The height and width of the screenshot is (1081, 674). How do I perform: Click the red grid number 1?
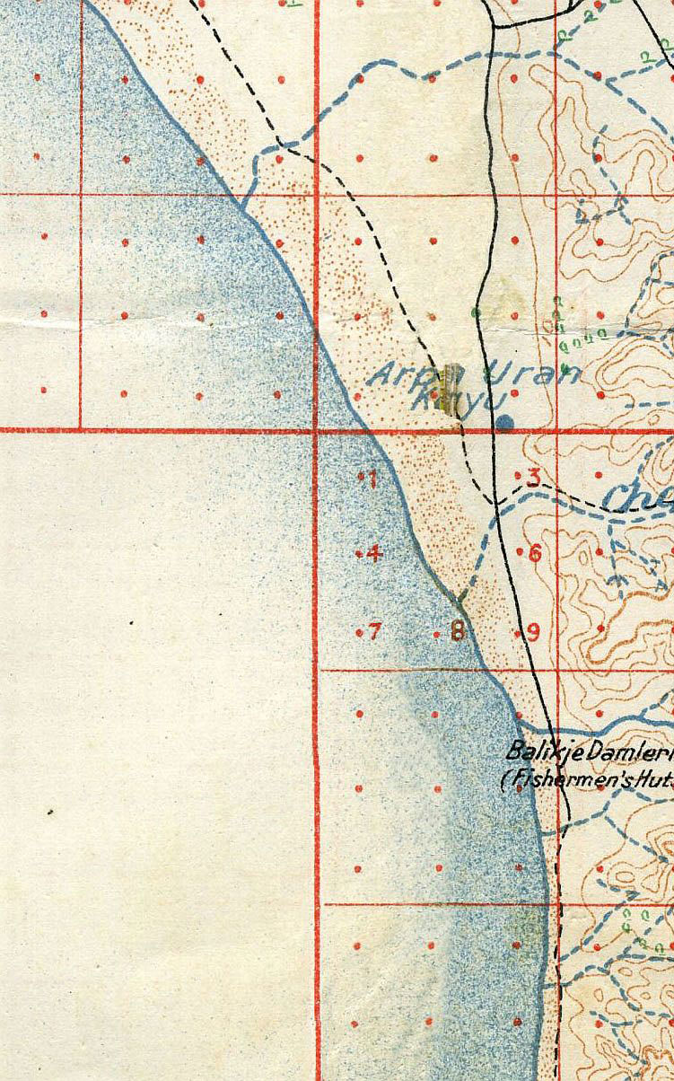[x=372, y=479]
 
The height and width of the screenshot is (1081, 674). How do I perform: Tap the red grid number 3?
[x=533, y=477]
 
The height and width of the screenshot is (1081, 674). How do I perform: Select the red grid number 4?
[x=374, y=553]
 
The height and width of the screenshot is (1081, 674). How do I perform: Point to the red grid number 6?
[x=536, y=552]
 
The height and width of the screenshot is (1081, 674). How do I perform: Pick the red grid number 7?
[x=374, y=632]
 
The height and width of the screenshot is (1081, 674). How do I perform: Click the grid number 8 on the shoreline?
[x=458, y=632]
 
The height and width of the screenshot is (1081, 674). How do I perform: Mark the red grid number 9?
[x=533, y=632]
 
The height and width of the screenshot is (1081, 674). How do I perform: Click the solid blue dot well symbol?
[x=506, y=421]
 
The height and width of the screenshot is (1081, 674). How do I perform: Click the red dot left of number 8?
[x=437, y=634]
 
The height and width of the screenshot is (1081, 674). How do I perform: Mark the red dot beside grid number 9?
[x=519, y=633]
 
